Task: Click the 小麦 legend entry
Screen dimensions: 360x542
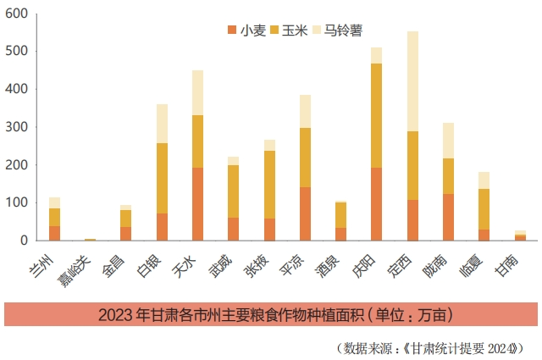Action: click(248, 30)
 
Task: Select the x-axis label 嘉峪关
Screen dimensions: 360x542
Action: click(82, 263)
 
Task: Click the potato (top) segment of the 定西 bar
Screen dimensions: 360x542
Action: click(412, 81)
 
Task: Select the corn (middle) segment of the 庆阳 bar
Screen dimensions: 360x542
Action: click(376, 116)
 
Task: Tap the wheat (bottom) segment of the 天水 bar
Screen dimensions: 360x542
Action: click(197, 204)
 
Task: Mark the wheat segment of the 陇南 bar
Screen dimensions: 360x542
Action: click(448, 217)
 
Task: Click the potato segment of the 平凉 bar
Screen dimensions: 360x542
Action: click(305, 112)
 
